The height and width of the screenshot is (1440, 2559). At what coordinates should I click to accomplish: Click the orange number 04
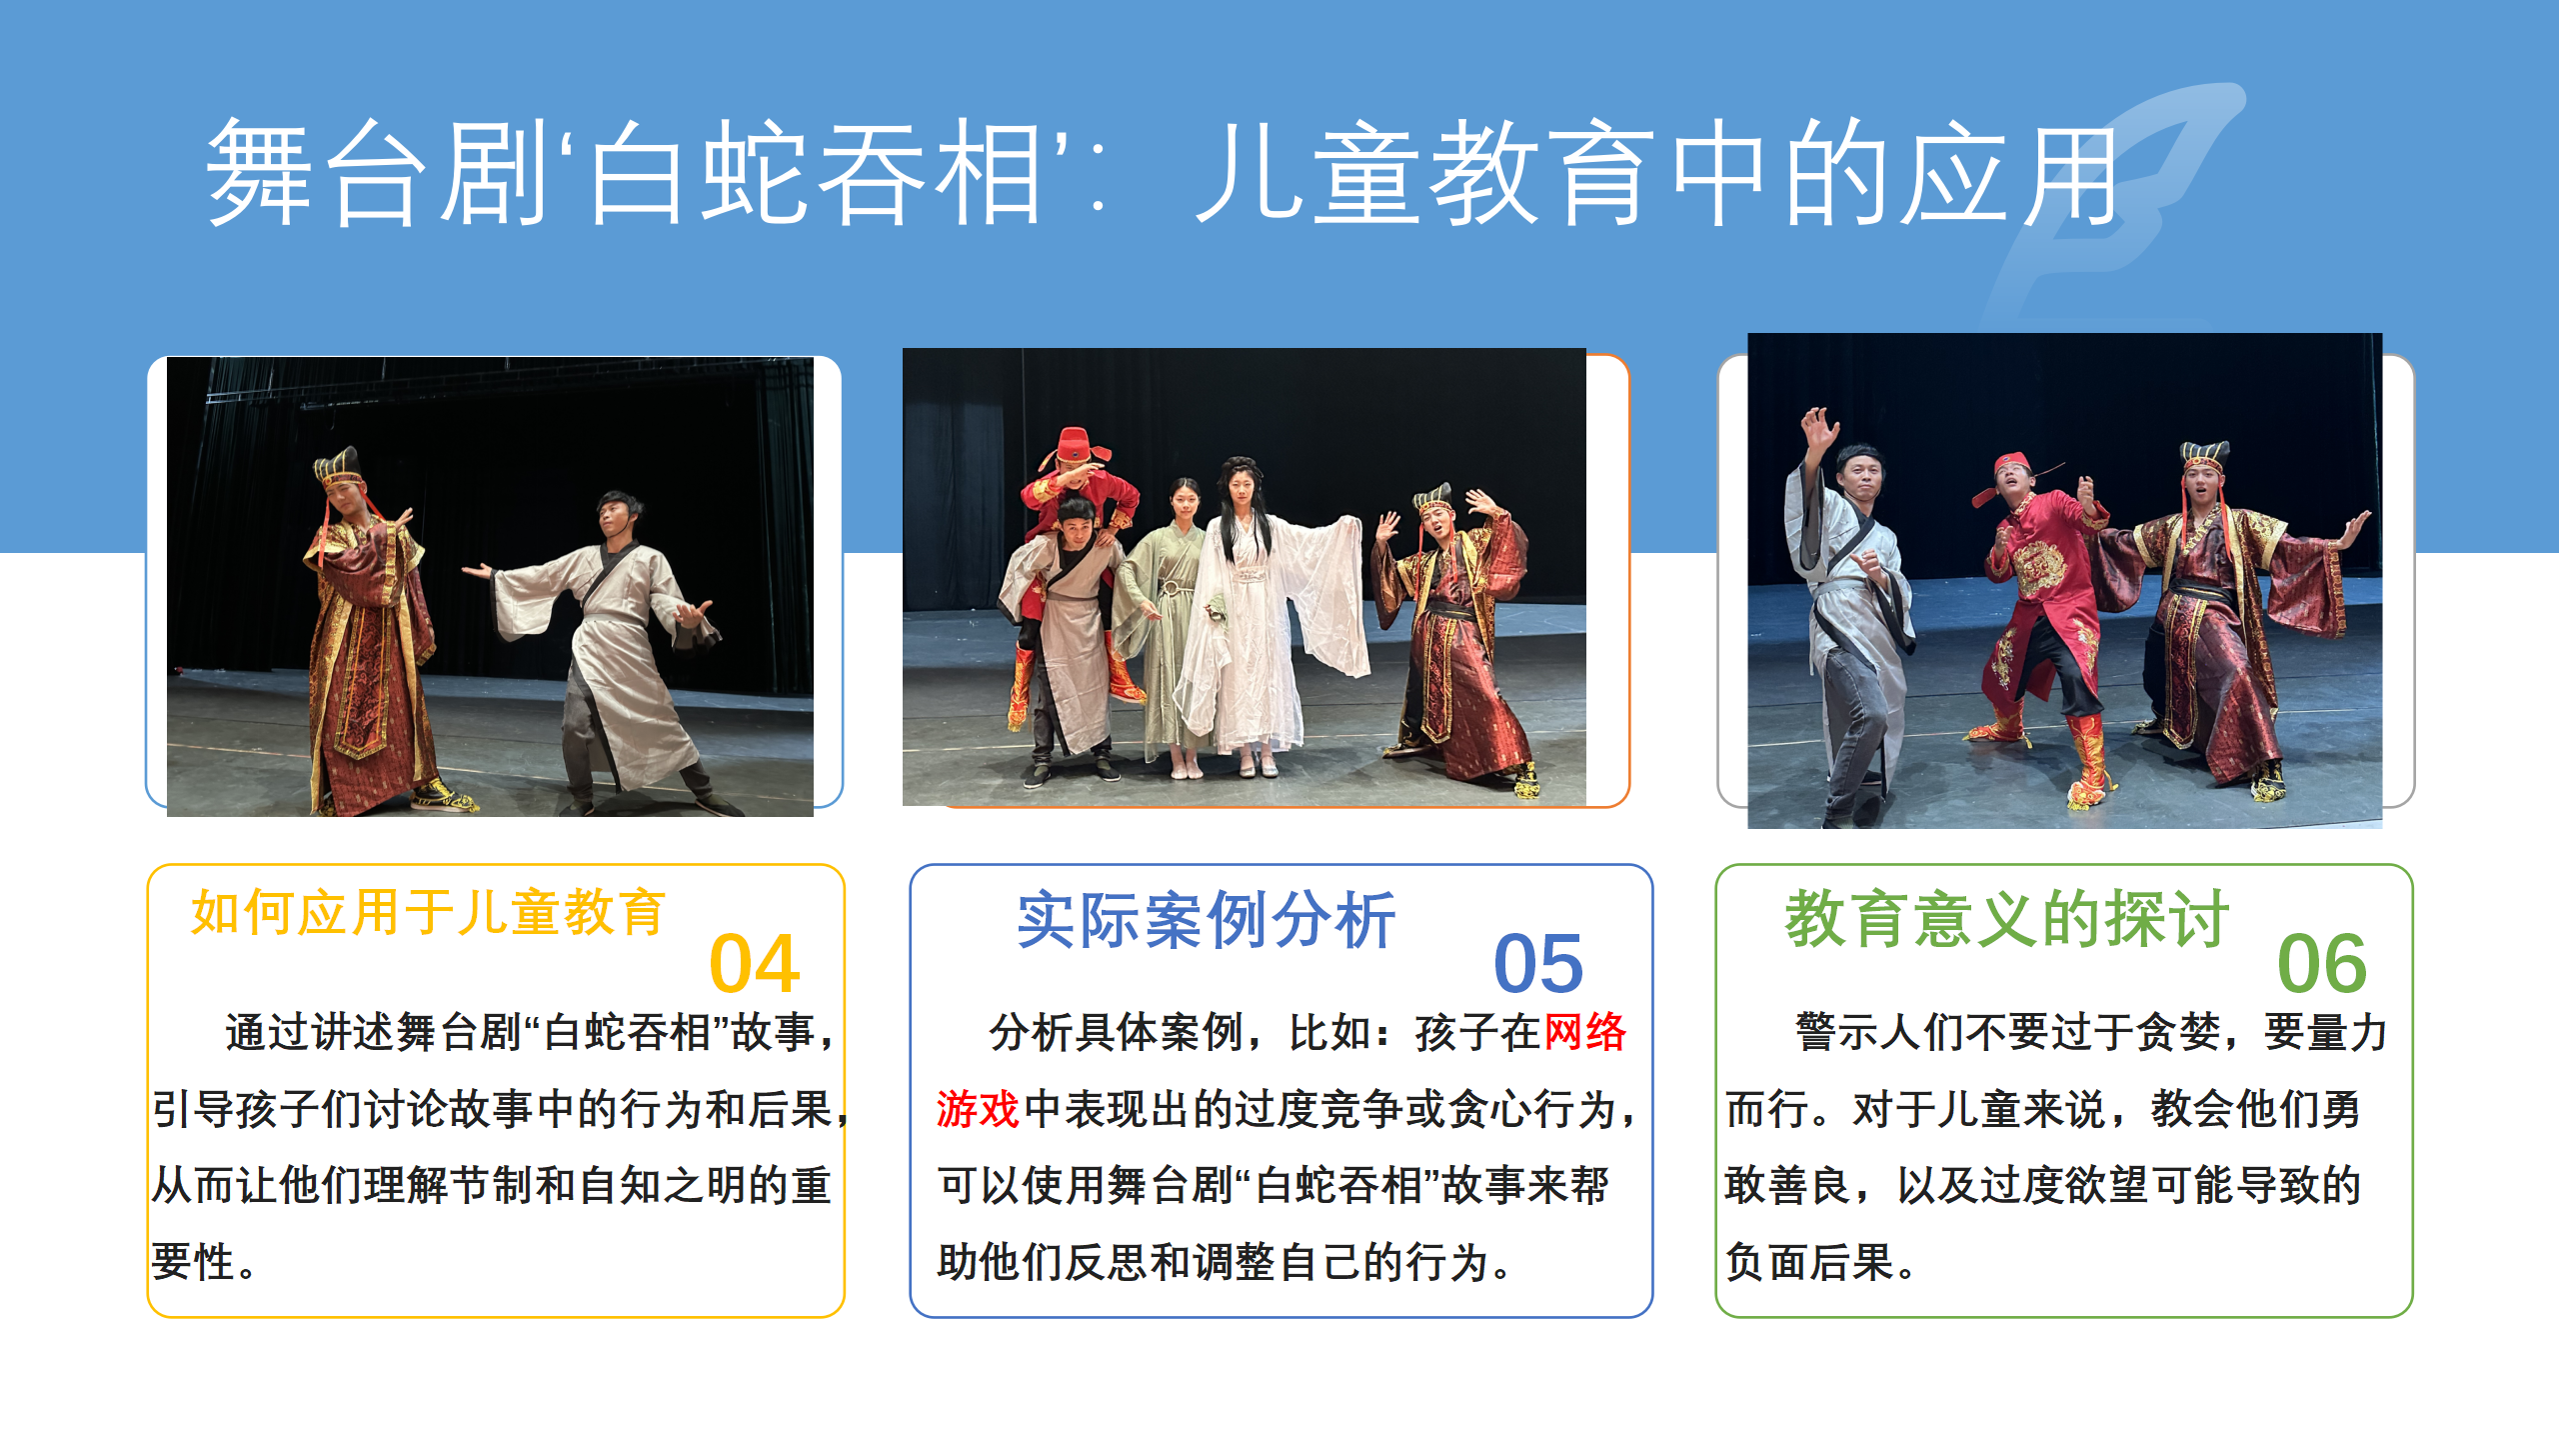point(755,964)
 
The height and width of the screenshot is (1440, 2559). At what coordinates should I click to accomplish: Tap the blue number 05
point(1538,964)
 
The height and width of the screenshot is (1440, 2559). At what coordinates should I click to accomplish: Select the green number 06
point(2322,964)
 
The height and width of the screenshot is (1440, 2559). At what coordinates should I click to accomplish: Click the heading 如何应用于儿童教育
point(428,912)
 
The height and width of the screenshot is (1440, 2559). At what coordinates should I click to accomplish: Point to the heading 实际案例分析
point(1206,920)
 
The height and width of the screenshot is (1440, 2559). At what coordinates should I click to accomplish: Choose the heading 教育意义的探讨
point(2007,918)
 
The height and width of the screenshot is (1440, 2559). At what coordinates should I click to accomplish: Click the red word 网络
point(1584,1032)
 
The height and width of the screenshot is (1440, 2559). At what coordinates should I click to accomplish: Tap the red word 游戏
point(978,1109)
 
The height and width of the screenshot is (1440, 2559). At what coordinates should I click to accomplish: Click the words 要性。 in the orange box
point(205,1262)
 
